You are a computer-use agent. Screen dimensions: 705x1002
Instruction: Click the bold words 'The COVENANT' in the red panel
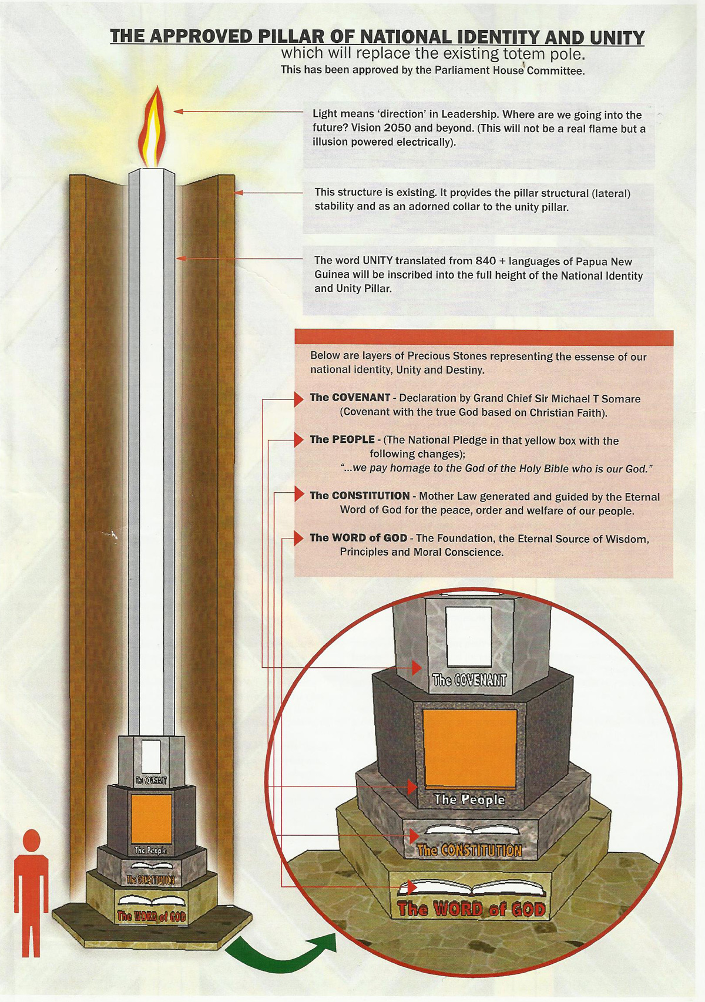350,398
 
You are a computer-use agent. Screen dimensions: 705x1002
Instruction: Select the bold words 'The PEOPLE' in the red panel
342,439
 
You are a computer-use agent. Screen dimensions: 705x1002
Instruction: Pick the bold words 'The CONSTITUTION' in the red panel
360,496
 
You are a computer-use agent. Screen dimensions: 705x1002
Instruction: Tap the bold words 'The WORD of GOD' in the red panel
358,538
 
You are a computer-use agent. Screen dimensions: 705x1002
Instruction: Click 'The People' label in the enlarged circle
469,800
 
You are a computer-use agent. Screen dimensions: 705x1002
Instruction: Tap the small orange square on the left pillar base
151,818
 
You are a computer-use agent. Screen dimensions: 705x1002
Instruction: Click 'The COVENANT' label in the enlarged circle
469,681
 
